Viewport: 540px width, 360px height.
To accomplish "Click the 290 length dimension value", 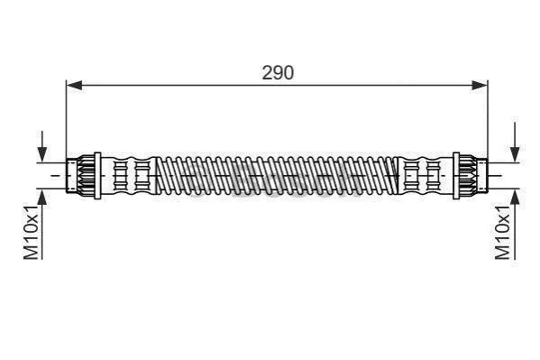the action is pyautogui.click(x=278, y=72).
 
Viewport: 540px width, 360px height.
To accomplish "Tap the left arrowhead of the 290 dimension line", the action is pyautogui.click(x=75, y=85).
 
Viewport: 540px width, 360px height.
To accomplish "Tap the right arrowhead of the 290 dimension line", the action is pyautogui.click(x=480, y=85).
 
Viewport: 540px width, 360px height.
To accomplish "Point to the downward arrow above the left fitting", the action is pyautogui.click(x=42, y=146).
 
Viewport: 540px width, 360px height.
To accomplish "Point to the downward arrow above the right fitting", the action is pyautogui.click(x=515, y=142).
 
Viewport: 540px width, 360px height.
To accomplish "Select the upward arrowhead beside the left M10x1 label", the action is pyautogui.click(x=42, y=198).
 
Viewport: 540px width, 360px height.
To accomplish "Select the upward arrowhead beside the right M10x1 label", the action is pyautogui.click(x=515, y=198).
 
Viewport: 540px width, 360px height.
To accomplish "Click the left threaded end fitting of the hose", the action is pyautogui.click(x=80, y=176).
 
